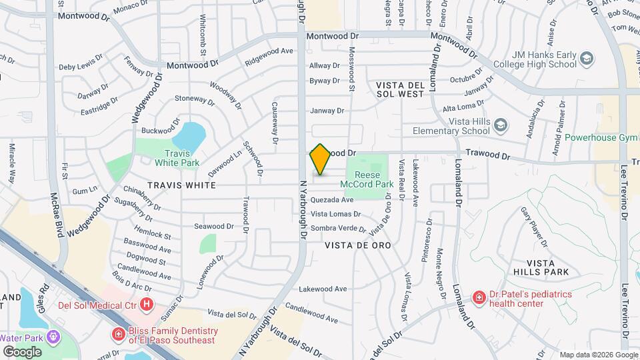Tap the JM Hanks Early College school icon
point(587,59)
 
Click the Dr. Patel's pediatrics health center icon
point(479,297)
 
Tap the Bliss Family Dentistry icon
point(118,333)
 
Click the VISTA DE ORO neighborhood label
point(357,245)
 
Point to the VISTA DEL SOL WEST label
point(400,89)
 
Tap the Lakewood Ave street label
point(323,289)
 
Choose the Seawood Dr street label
point(213,226)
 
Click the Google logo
point(22,351)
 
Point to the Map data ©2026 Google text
point(598,355)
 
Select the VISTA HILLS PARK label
point(541,267)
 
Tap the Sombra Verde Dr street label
point(339,229)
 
